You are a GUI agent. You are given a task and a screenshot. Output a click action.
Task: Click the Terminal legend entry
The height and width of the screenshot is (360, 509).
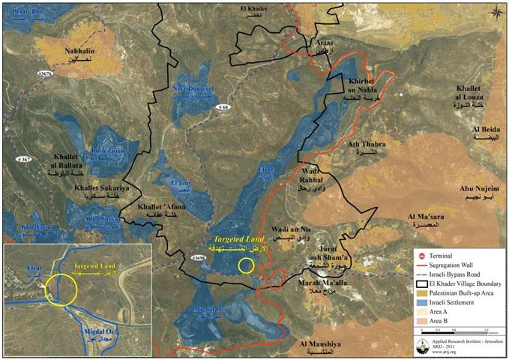click(x=449, y=256)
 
